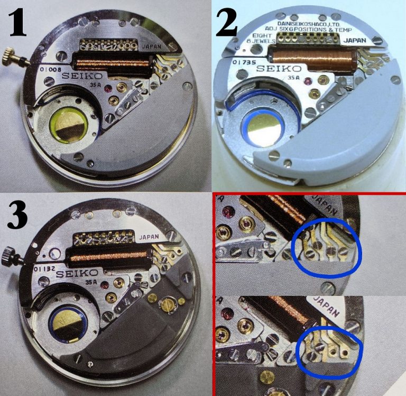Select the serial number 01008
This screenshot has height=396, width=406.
click(49, 68)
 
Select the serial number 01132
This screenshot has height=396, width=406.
click(48, 269)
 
